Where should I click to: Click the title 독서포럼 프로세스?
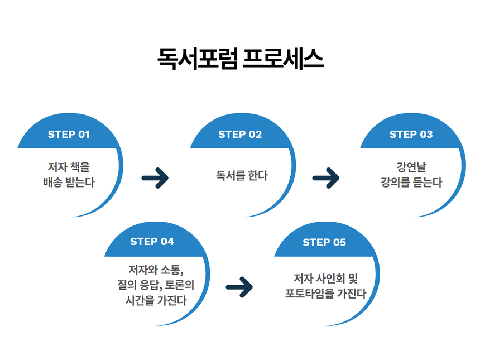coord(240,59)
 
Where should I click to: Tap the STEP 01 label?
coord(69,135)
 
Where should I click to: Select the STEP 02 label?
coord(240,135)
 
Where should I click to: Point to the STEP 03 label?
coord(411,135)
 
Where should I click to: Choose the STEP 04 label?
coord(152,242)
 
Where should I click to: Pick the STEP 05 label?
coord(324,242)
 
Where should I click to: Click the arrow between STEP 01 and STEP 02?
coord(155,178)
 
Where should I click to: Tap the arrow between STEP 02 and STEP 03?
coord(326,178)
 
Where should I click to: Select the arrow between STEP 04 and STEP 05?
coord(239,287)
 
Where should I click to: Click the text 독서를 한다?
coord(242,175)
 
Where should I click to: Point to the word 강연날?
coord(411,167)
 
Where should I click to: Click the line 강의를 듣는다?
coord(411,183)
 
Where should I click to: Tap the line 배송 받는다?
coord(69,183)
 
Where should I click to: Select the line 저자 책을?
coord(69,167)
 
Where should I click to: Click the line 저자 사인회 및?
coord(325,278)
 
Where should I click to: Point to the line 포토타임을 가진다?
coord(325,294)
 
